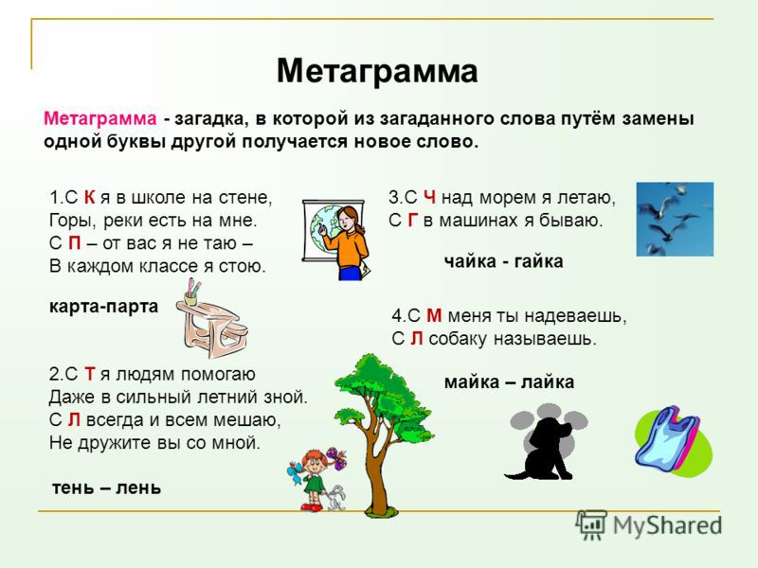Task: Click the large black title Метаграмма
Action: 377,72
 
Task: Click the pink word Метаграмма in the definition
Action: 100,118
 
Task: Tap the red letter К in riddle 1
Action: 89,198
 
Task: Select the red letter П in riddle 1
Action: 75,243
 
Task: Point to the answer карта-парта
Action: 104,307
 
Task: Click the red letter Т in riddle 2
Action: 90,374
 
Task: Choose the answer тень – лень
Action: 106,488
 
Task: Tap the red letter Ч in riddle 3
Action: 430,198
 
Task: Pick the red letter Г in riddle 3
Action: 413,221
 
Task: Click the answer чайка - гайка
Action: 504,262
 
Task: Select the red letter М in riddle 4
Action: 434,316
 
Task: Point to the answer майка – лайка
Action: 509,382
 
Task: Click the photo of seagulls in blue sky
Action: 675,219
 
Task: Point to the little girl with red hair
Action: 316,479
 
